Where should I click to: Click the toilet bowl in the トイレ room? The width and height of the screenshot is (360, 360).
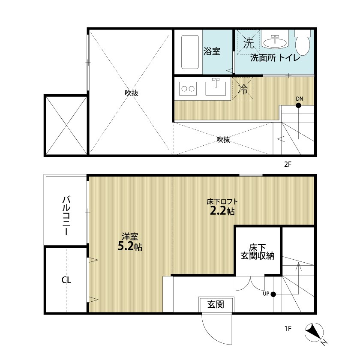(x=303, y=45)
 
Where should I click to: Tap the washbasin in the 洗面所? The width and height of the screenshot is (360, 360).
(x=275, y=42)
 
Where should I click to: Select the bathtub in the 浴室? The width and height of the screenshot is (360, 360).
(x=190, y=52)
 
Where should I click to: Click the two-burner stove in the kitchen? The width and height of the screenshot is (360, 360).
(x=188, y=88)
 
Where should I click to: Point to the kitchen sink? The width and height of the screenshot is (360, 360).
(x=216, y=88)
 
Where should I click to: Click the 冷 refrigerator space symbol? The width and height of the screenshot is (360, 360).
(x=243, y=89)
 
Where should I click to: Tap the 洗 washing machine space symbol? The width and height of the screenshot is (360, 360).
(x=248, y=42)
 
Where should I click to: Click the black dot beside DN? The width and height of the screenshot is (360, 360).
(x=298, y=105)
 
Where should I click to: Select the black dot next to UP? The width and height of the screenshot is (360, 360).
(x=273, y=294)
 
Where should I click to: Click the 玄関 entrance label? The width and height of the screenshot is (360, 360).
(x=216, y=304)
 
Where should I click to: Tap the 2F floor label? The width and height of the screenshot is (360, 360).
(x=288, y=165)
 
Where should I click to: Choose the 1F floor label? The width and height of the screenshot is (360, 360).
(x=288, y=329)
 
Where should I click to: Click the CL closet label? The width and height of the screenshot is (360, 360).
(x=66, y=280)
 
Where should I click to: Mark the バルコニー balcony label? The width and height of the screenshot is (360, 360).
(x=66, y=215)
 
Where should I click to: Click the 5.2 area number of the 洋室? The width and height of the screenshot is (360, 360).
(x=125, y=246)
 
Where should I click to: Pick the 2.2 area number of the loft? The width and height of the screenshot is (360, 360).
(x=218, y=211)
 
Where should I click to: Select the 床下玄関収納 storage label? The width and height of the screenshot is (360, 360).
(x=258, y=252)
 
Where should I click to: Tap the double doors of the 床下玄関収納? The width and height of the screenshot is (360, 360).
(x=250, y=283)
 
